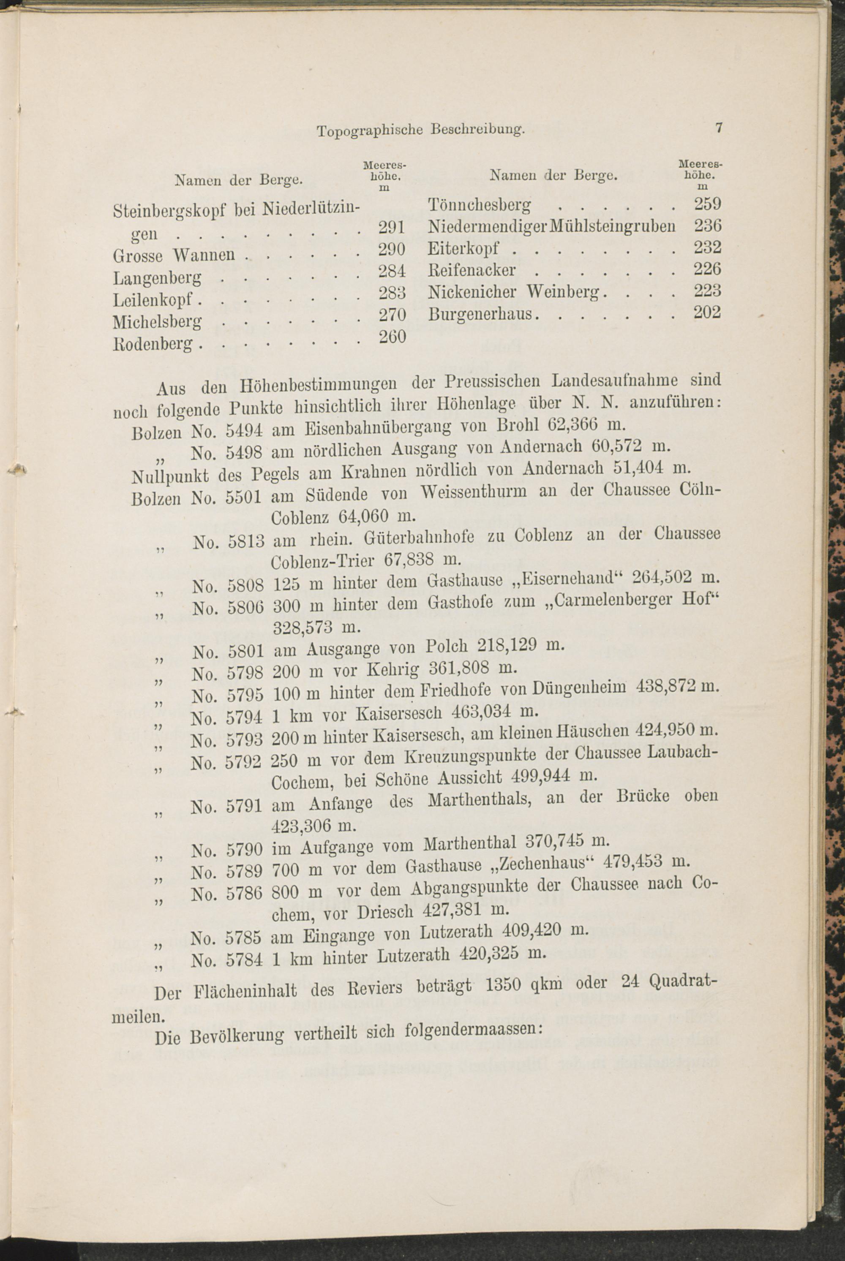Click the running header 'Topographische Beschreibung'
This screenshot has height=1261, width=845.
point(420,130)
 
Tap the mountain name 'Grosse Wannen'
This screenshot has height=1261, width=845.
point(174,254)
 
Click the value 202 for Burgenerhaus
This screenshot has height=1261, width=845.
point(707,313)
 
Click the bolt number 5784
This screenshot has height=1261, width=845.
point(244,960)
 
